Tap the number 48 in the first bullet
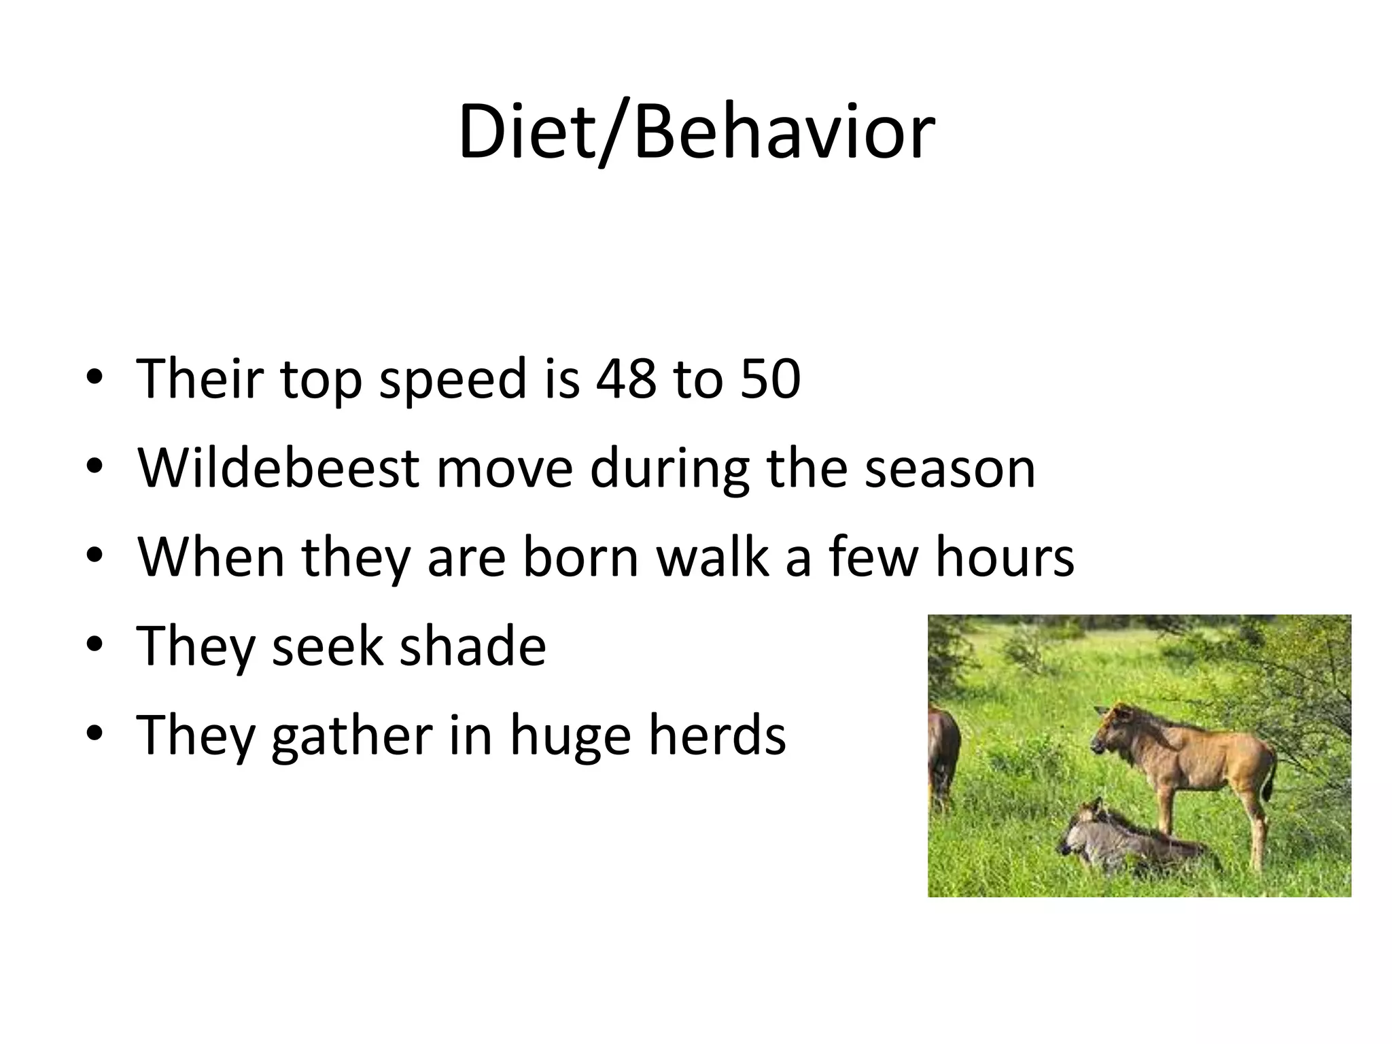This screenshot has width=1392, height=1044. [626, 379]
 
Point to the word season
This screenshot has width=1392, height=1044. [950, 469]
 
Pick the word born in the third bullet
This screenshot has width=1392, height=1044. [580, 557]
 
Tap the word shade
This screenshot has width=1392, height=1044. [472, 646]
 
